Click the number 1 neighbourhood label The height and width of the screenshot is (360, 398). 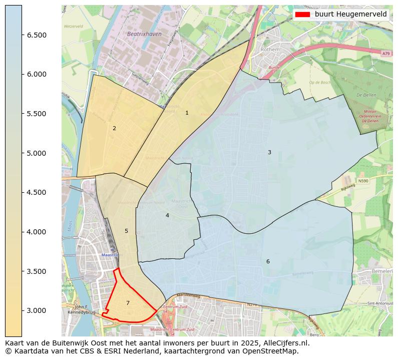(x=187, y=113)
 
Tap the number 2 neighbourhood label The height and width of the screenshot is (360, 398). (x=114, y=129)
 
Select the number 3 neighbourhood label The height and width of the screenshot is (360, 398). (x=269, y=153)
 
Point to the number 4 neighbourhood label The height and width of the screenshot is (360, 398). (x=167, y=216)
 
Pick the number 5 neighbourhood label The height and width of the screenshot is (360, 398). (x=126, y=231)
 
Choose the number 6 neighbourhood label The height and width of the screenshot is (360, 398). (x=268, y=262)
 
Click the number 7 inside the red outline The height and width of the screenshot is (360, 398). (x=128, y=303)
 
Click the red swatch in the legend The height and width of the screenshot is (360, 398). (x=302, y=15)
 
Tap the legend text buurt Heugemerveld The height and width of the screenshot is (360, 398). (x=350, y=15)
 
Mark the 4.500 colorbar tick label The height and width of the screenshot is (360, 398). (x=37, y=193)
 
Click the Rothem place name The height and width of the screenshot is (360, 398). (x=270, y=50)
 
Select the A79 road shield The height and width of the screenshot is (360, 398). (x=385, y=54)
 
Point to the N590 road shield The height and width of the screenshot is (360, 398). (x=363, y=181)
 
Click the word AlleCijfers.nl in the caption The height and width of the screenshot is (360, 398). (x=286, y=343)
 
